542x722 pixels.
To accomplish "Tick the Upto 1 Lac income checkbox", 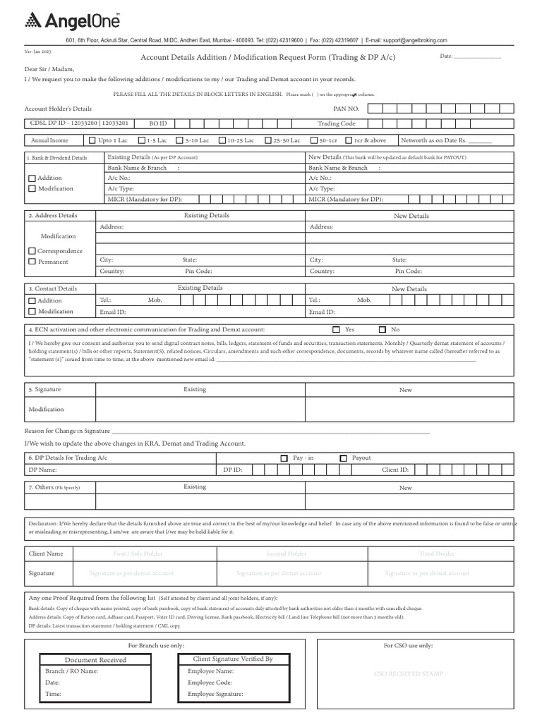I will [93, 140].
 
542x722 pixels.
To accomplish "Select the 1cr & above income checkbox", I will [349, 140].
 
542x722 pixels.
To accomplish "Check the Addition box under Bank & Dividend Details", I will [32, 178].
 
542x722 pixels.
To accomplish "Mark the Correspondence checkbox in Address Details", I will [32, 251].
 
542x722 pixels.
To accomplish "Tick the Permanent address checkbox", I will [32, 262].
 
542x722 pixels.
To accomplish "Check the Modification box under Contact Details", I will [32, 312].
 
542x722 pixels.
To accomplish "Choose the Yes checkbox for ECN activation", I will [336, 329].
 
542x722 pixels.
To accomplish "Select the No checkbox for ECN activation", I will [383, 329].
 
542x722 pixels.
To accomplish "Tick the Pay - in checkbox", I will [284, 458].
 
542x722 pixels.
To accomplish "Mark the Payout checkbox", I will [343, 458].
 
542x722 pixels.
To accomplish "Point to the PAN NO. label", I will [346, 109].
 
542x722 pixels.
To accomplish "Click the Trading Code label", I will [337, 123].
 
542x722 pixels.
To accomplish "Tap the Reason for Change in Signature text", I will [67, 431].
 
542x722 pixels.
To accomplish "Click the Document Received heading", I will [95, 660].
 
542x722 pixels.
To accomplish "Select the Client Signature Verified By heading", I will [233, 659].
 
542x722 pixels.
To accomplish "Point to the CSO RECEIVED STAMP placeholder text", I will [409, 674].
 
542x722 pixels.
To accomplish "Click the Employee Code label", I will [210, 683].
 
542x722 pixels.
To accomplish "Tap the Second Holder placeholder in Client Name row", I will [286, 554].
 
